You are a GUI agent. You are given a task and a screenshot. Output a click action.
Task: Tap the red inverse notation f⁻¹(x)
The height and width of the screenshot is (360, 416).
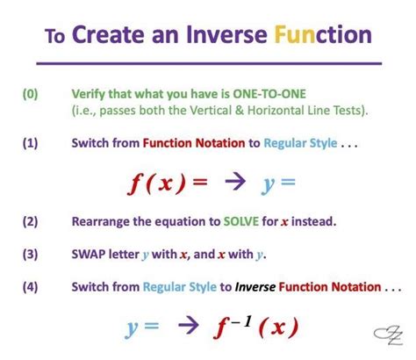[x=256, y=328]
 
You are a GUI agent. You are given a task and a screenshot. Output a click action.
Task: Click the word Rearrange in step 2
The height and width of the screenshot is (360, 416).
[x=103, y=222]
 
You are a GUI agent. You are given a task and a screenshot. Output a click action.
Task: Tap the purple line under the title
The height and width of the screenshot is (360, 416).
[x=207, y=63]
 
